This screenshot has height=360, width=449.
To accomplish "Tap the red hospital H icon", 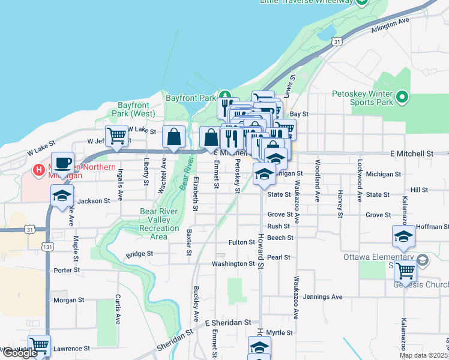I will click(39, 170).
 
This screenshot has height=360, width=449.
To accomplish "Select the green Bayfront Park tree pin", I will click(224, 95).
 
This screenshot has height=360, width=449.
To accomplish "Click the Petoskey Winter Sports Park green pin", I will click(402, 97).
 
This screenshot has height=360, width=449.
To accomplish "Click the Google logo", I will click(19, 353).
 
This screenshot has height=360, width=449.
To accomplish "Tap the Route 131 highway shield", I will click(48, 247).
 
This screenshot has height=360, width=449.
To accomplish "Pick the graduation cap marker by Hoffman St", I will click(403, 236).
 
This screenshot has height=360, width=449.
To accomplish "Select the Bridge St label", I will click(139, 254).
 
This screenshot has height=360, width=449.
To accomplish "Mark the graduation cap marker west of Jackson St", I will click(62, 196).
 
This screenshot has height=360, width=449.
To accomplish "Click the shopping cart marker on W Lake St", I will click(116, 136).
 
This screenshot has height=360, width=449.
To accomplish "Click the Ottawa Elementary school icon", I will click(423, 260).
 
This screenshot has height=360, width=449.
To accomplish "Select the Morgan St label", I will click(69, 300).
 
